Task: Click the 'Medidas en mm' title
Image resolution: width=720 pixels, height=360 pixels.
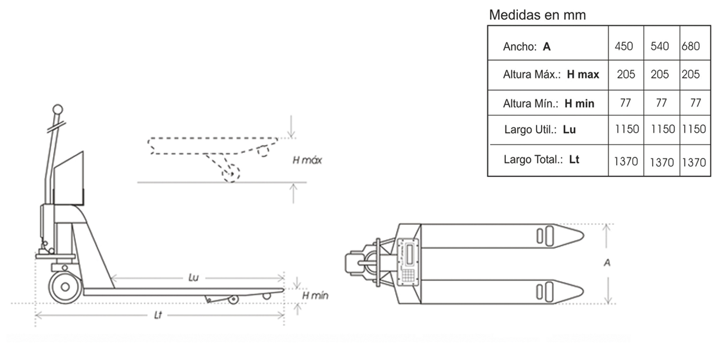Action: point(537,15)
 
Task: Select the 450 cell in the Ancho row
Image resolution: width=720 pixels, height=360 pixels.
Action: point(624,46)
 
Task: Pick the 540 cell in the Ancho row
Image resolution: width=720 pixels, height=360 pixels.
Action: point(660,46)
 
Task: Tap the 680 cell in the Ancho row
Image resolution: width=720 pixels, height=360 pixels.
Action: point(691,46)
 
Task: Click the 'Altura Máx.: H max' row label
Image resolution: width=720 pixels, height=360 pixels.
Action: point(551,74)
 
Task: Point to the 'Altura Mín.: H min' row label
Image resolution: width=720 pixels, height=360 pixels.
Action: point(549,103)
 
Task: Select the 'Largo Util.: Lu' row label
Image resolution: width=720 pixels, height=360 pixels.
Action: point(540,130)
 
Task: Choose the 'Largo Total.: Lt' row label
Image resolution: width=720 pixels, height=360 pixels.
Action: point(541,159)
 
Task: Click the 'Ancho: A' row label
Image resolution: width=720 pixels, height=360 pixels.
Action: point(527,46)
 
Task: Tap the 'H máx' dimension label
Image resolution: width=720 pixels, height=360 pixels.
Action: point(307,160)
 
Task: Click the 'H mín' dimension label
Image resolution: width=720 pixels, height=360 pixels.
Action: point(315,296)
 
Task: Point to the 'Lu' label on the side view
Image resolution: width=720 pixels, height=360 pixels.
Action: point(193,278)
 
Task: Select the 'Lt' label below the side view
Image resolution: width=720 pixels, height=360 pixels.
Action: point(158,315)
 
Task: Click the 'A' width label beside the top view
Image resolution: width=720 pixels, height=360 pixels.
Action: point(607,262)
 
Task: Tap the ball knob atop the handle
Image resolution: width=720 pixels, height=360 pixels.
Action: point(58,109)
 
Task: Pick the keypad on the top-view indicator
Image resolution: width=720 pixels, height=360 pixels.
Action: point(408,276)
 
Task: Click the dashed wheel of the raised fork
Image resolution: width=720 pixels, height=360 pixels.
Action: point(230,174)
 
